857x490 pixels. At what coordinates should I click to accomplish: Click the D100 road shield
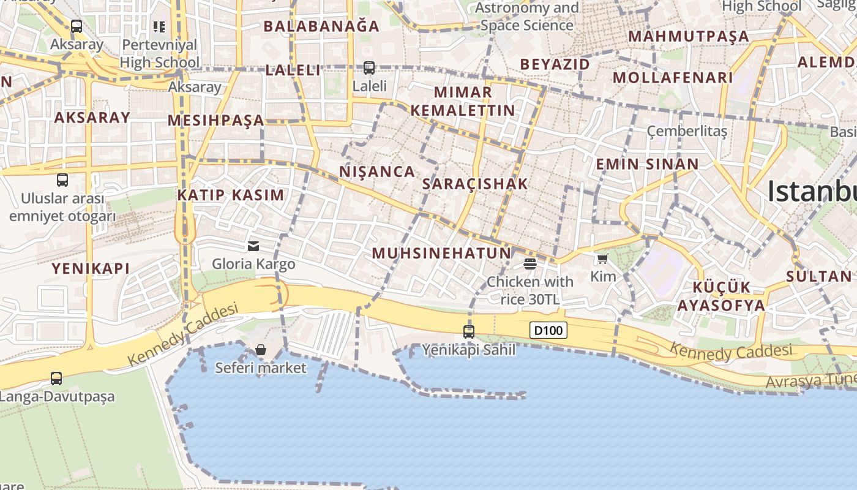coord(548,331)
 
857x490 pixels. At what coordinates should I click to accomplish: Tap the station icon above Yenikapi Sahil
coord(469,332)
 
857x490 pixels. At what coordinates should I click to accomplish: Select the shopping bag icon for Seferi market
coord(261,350)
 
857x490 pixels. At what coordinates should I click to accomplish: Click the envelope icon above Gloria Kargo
coord(253,246)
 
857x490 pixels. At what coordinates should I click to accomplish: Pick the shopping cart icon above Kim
coord(603,259)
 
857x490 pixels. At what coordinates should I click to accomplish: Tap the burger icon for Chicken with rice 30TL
coord(530,264)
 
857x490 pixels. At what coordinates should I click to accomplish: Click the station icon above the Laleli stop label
coord(369,68)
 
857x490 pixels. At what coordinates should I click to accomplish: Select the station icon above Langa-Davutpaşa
coord(56,379)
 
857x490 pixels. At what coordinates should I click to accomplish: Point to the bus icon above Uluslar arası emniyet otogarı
coord(62,180)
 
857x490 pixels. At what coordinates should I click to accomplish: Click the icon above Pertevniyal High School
coord(159,27)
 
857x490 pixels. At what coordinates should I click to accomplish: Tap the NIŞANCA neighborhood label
coord(377,171)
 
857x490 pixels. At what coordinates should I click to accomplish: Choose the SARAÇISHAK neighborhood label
coord(475,184)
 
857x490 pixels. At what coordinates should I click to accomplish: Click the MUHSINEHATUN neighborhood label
coord(441,253)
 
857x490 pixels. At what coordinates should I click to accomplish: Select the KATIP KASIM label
coord(231,195)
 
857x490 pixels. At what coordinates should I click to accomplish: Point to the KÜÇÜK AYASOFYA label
coord(728,296)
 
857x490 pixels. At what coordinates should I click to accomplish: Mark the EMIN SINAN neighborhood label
coord(647,164)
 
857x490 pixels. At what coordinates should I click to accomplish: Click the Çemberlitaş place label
coord(687,131)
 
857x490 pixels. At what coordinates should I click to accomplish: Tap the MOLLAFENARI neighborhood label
coord(673,78)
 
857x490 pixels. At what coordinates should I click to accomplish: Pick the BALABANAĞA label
coord(321,26)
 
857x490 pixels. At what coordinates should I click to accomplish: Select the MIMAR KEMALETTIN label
coord(463,101)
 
